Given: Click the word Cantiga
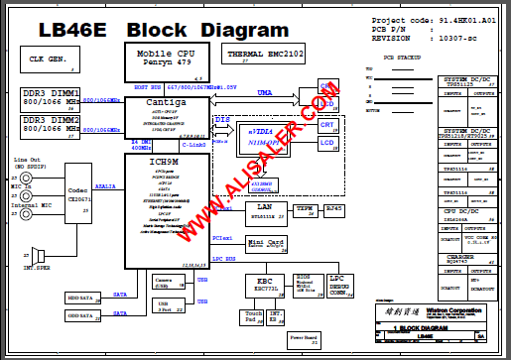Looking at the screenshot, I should coord(165,103).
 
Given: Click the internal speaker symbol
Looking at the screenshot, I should coord(38,255).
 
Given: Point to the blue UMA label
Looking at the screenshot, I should coord(264,92).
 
